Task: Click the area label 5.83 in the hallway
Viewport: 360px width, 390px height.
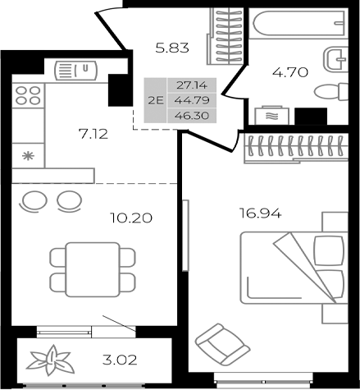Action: coord(173,48)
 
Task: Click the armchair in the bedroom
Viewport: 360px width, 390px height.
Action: coord(219,342)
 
